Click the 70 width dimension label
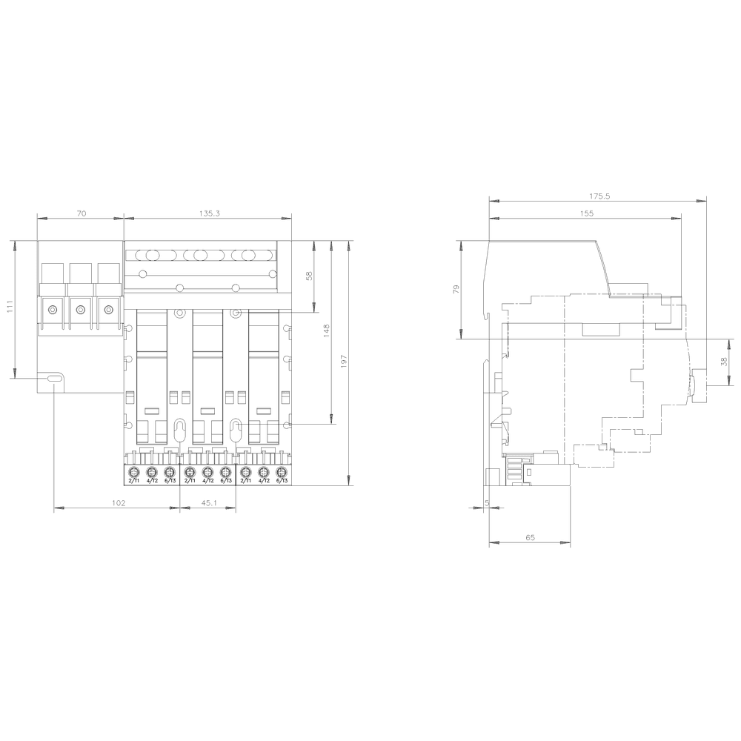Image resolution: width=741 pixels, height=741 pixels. coord(82,213)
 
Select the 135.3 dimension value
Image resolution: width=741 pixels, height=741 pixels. coord(210,213)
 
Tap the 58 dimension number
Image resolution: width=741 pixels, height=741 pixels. coord(310,276)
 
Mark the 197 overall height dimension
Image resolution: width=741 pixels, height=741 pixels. coord(344,361)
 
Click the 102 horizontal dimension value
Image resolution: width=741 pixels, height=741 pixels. coord(118,502)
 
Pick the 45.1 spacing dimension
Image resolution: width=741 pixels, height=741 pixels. coord(209,502)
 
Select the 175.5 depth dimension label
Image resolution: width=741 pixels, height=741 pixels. coord(599,196)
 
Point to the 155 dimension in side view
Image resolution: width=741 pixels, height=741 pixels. coord(586,213)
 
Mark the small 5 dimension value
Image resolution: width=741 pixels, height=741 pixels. coord(486,502)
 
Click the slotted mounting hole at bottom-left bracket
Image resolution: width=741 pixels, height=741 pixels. coord(55,379)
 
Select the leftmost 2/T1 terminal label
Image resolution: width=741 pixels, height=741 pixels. coord(133,482)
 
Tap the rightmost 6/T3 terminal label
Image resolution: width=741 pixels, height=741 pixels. coord(281,482)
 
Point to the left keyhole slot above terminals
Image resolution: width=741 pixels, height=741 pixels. coord(179,428)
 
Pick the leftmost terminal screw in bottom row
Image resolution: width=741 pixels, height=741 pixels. coord(134,472)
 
